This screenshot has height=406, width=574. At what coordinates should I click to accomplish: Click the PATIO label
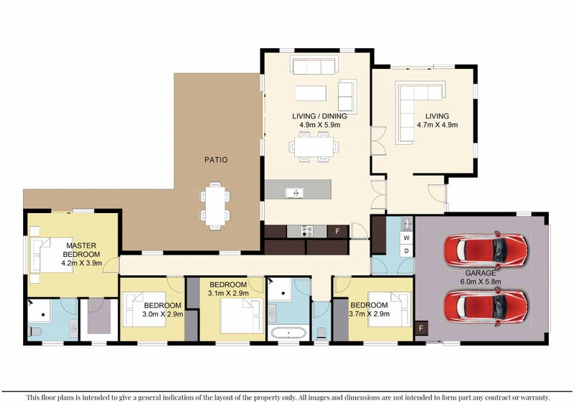tap(216, 160)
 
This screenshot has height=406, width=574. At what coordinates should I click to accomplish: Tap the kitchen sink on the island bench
tap(295, 192)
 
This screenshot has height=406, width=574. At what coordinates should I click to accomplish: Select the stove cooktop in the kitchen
tap(307, 232)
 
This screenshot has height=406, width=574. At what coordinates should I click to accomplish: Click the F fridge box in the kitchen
tap(337, 232)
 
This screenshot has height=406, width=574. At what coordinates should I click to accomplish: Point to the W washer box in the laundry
tap(406, 238)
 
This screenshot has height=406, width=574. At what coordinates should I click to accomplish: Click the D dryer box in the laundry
tap(406, 251)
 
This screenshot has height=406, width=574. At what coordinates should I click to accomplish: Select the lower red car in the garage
tap(486, 306)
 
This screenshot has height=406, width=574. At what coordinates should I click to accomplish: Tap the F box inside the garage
tap(421, 328)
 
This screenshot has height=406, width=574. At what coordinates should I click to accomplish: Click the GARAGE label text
tap(480, 273)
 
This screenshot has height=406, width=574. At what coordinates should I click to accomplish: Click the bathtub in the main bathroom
tap(288, 333)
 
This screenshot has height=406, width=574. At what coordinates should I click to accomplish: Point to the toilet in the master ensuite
tap(34, 331)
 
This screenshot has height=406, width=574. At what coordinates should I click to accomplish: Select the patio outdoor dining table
tap(215, 206)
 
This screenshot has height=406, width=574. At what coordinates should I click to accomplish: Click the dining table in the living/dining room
tap(314, 146)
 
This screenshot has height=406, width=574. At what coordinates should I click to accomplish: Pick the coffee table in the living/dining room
tap(311, 93)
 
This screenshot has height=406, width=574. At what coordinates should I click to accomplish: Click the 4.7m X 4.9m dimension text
tap(437, 125)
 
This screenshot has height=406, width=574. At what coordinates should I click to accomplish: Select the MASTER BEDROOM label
tap(81, 250)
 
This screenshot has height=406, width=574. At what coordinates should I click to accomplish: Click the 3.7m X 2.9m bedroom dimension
tap(370, 314)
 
